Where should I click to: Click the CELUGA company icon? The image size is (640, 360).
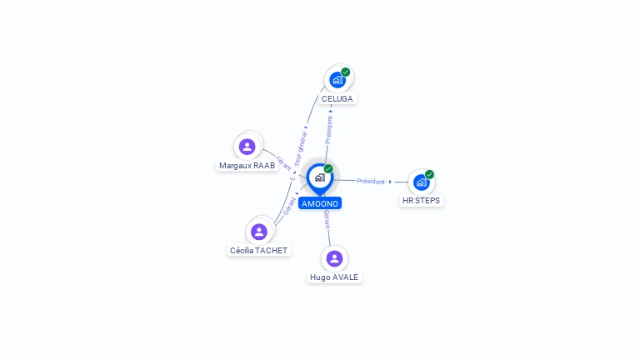click(x=337, y=80)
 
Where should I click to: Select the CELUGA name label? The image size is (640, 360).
click(x=337, y=98)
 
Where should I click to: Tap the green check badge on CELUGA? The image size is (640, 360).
click(x=346, y=72)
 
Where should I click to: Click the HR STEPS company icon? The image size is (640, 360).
click(x=421, y=182)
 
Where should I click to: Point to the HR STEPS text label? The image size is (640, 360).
click(x=421, y=200)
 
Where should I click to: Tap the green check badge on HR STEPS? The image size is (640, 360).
click(x=429, y=174)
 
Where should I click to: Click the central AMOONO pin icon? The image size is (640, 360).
click(x=319, y=177)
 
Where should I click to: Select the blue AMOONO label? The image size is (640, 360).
click(x=320, y=203)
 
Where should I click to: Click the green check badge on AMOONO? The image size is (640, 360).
click(x=328, y=168)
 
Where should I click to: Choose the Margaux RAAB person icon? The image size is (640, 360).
click(x=247, y=147)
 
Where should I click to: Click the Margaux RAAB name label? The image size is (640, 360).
click(x=247, y=165)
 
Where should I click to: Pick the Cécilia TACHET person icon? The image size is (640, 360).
click(x=258, y=232)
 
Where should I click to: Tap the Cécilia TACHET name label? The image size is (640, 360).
click(x=258, y=250)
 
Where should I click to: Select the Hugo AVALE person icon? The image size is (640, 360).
click(x=334, y=258)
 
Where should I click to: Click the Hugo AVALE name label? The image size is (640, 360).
click(x=334, y=277)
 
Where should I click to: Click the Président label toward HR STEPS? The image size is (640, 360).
click(x=370, y=181)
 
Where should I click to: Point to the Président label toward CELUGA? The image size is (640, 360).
click(x=329, y=130)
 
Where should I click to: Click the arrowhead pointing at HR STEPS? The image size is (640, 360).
click(x=390, y=182)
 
